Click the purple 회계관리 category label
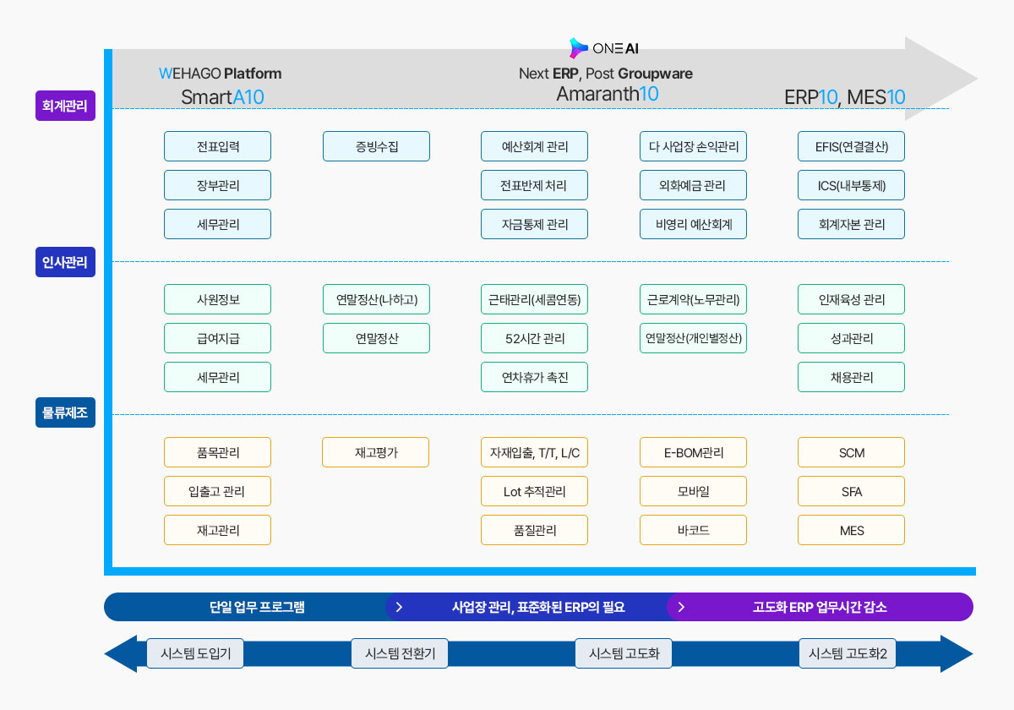tap(65, 106)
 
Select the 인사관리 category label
tap(65, 262)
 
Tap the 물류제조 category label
tap(65, 412)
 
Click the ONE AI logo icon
tap(578, 48)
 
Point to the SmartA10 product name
tap(222, 97)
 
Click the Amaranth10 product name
tap(607, 94)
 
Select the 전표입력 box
tap(218, 146)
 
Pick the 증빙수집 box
tap(376, 146)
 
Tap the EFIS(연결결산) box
tap(852, 146)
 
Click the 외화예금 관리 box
tap(693, 185)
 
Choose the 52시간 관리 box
tap(535, 338)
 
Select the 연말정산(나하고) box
tap(376, 299)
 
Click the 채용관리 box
tap(852, 377)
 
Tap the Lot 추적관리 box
tap(535, 491)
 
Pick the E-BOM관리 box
tap(693, 452)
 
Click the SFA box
tap(852, 491)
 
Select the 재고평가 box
tap(376, 452)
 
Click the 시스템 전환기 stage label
tap(400, 653)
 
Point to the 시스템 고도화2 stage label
tap(848, 653)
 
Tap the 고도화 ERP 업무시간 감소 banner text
tap(820, 607)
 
